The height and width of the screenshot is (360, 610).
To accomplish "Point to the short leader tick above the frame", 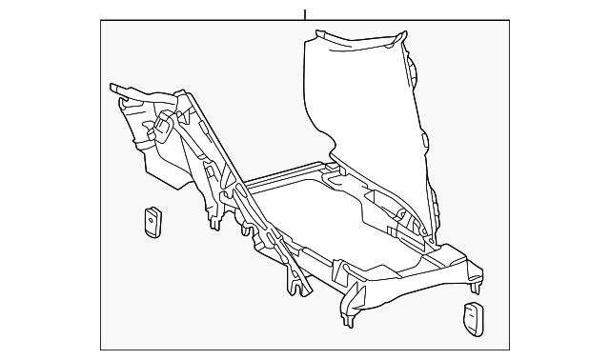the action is click(305, 14).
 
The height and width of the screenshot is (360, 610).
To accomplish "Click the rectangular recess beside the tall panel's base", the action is click(386, 200).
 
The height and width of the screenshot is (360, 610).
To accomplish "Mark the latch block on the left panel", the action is click(167, 124).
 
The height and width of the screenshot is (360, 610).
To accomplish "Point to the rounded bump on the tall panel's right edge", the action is click(416, 71).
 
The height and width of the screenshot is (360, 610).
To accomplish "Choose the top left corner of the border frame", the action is click(101, 24).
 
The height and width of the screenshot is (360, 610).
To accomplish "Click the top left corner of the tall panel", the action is click(310, 36).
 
